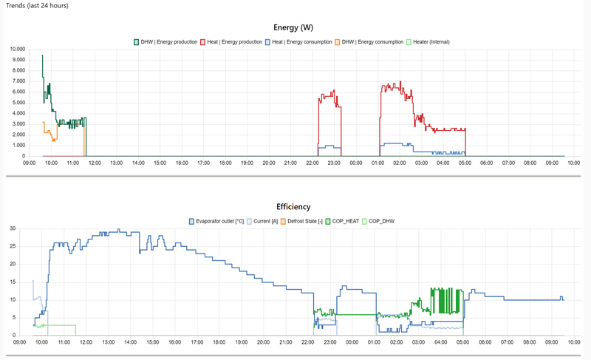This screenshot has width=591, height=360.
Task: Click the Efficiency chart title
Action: click(294, 207)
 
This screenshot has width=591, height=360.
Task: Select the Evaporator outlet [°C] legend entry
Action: click(221, 221)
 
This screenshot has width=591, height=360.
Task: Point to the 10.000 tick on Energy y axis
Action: click(16, 50)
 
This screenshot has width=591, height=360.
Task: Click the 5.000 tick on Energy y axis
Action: click(18, 103)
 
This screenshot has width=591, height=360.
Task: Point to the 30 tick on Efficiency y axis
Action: click(11, 228)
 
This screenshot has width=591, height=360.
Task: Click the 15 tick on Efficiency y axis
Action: click(11, 282)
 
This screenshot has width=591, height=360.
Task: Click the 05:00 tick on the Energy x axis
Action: click(465, 163)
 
